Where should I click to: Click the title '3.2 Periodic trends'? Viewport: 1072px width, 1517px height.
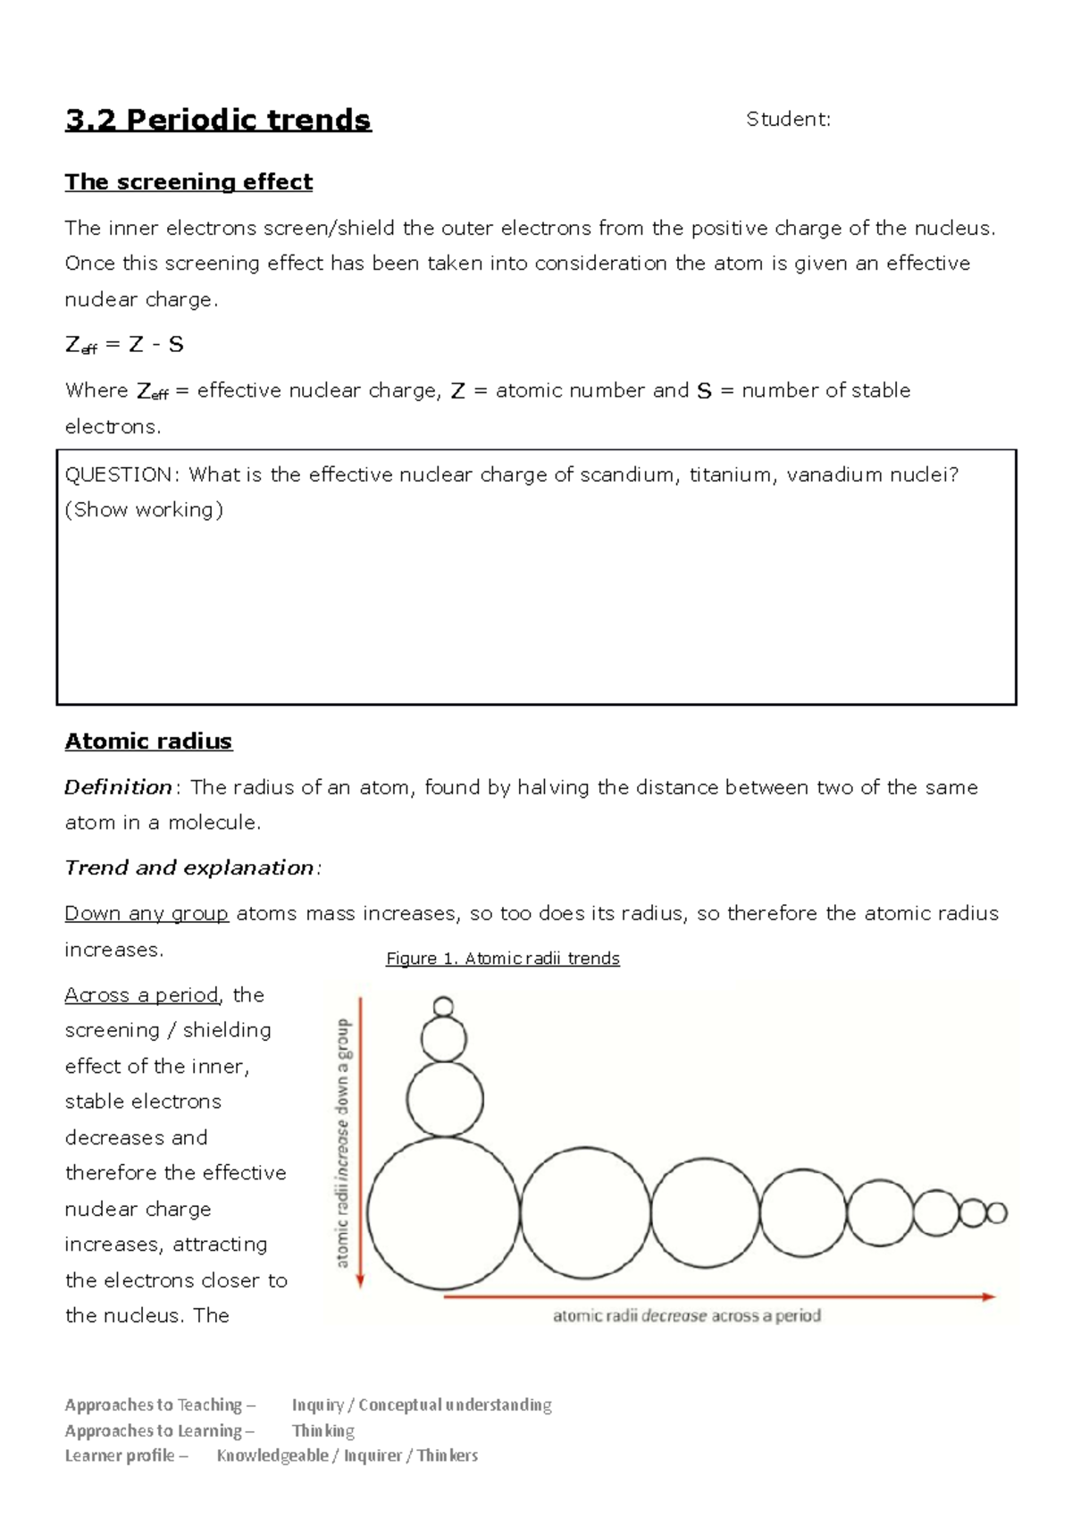218,120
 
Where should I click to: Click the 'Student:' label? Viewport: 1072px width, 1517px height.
788,120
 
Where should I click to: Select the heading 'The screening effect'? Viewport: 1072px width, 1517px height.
188,182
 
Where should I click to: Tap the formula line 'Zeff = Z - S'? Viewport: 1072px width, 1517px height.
124,345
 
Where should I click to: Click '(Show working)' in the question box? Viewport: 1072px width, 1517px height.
144,509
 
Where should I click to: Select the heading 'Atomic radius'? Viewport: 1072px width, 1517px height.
148,742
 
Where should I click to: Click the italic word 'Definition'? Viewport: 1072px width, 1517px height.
118,787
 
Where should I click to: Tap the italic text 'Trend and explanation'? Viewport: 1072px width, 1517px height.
189,867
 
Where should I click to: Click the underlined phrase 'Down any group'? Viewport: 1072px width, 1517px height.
147,913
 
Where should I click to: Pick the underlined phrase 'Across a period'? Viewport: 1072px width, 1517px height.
141,994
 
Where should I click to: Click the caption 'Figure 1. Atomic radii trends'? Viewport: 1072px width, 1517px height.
502,959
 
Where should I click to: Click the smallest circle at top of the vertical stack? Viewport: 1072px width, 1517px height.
443,1007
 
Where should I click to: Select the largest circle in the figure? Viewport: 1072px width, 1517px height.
443,1213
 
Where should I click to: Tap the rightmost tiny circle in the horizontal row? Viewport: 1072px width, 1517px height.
996,1212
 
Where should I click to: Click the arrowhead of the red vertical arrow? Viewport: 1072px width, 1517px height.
360,1283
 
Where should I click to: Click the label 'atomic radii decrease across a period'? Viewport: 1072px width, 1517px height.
686,1316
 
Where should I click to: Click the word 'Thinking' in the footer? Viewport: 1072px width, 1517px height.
323,1430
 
